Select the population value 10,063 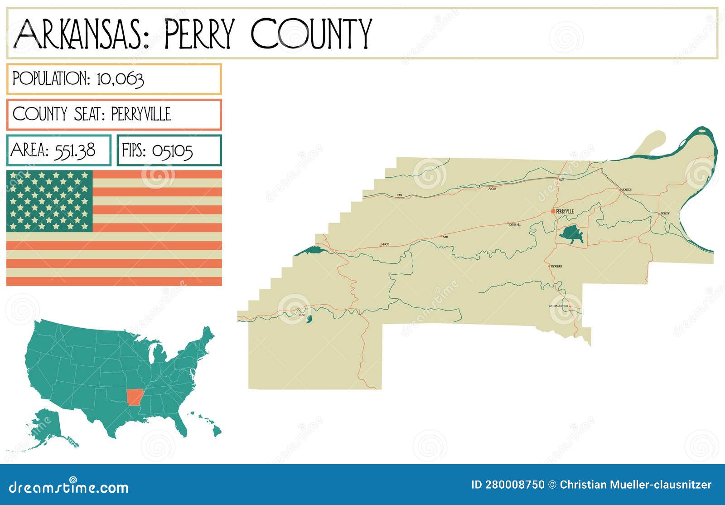coord(120,79)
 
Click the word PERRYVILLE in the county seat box coord(141,114)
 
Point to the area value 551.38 coord(74,150)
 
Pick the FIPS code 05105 coord(172,151)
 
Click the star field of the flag coord(49,201)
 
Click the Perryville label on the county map coord(565,212)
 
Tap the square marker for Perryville coord(553,211)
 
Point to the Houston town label coord(626,189)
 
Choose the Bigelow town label coord(665,213)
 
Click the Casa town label coord(399,195)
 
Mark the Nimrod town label coord(385,245)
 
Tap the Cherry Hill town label coord(515,224)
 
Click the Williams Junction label coord(558,306)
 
